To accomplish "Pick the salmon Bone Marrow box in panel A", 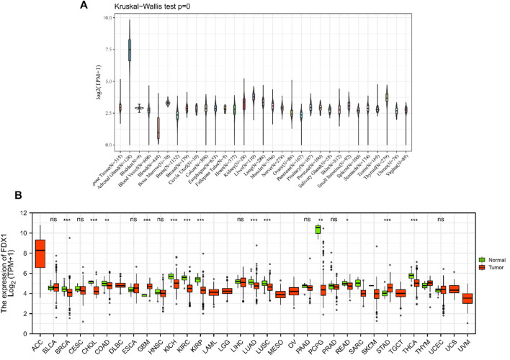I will click(x=158, y=127).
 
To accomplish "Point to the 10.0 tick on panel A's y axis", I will click(x=106, y=16).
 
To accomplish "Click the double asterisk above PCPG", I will click(x=319, y=219).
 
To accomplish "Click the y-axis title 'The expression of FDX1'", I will click(x=9, y=274).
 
